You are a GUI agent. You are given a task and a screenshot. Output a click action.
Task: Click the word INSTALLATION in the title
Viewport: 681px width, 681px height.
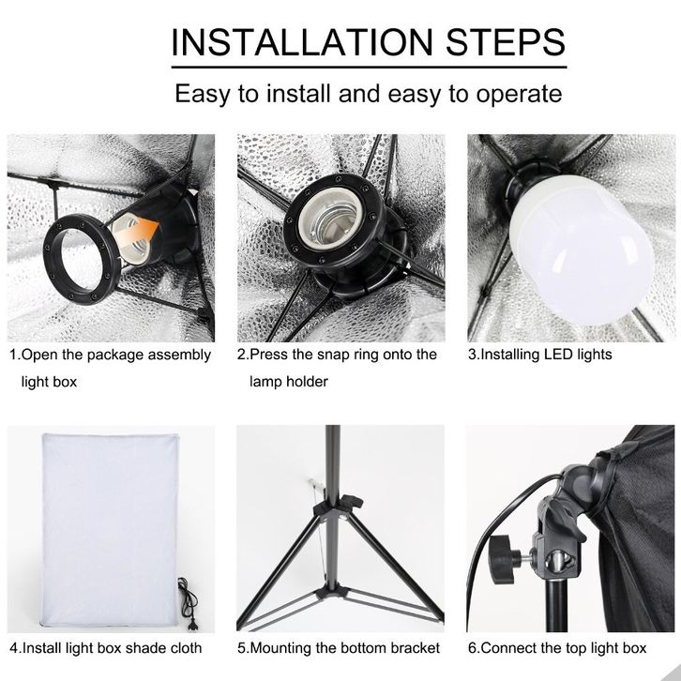[302, 42]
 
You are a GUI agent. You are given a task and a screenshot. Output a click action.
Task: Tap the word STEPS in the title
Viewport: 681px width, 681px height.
[506, 42]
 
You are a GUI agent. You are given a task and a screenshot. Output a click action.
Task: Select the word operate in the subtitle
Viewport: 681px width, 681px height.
[519, 94]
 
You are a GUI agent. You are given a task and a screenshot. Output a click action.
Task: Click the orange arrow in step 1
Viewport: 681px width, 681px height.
[136, 235]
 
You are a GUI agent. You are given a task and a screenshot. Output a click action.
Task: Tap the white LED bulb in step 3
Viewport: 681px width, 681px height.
[582, 251]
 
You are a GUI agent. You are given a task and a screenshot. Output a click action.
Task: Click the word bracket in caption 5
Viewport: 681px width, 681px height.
[416, 648]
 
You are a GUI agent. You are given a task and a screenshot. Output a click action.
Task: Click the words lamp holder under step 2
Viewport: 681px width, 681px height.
[288, 382]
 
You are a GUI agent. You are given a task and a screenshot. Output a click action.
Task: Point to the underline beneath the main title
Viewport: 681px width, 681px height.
[370, 68]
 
